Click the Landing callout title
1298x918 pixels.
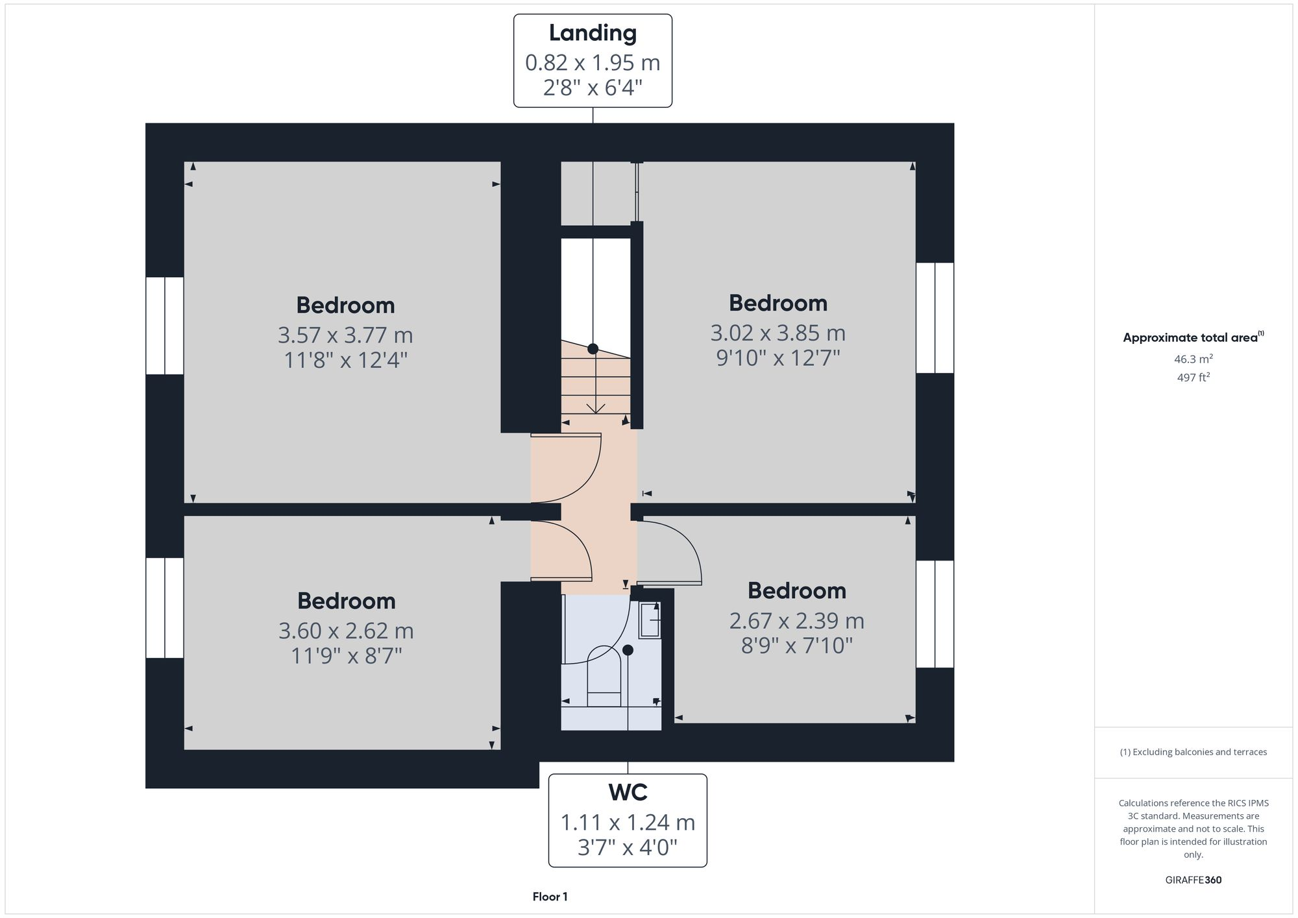pyautogui.click(x=593, y=33)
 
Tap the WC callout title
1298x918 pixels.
pyautogui.click(x=628, y=792)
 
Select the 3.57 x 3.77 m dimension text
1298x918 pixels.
pyautogui.click(x=345, y=335)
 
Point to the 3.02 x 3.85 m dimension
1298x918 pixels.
pyautogui.click(x=778, y=333)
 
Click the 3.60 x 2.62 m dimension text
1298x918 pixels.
pyautogui.click(x=346, y=631)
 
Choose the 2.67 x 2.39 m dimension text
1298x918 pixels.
pyautogui.click(x=796, y=621)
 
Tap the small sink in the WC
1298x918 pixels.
pyautogui.click(x=650, y=620)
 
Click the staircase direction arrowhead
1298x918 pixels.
pyautogui.click(x=596, y=408)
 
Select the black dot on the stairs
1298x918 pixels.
pyautogui.click(x=593, y=349)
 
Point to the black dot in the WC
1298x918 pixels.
pyautogui.click(x=628, y=649)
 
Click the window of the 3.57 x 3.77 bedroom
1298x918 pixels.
pyautogui.click(x=165, y=326)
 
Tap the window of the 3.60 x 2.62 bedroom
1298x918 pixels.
pyautogui.click(x=165, y=608)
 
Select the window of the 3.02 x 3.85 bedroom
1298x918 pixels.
pyautogui.click(x=935, y=318)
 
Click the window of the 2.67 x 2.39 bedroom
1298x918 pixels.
pyautogui.click(x=935, y=614)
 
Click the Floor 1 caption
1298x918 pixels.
pyautogui.click(x=550, y=897)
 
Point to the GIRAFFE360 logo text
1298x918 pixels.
pyautogui.click(x=1193, y=880)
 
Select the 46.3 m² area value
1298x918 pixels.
pyautogui.click(x=1193, y=359)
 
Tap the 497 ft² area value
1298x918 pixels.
pyautogui.click(x=1193, y=377)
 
